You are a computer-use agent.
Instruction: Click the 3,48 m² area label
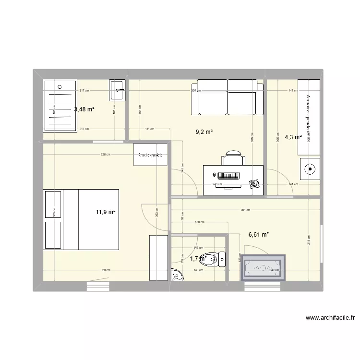click(x=84, y=109)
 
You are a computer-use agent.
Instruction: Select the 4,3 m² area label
click(x=293, y=137)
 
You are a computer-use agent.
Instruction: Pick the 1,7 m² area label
click(x=198, y=259)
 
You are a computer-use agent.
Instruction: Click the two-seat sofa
click(x=227, y=97)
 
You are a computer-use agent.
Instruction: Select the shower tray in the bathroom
click(x=60, y=105)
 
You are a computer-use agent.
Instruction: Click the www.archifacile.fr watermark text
click(x=329, y=317)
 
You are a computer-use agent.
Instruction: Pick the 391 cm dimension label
click(x=245, y=210)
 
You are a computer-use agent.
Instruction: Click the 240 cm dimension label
click(x=274, y=270)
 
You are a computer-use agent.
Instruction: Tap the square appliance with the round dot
click(x=310, y=168)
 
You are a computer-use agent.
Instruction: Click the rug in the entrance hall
click(x=264, y=267)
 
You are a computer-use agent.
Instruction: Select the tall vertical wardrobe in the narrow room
click(x=309, y=117)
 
